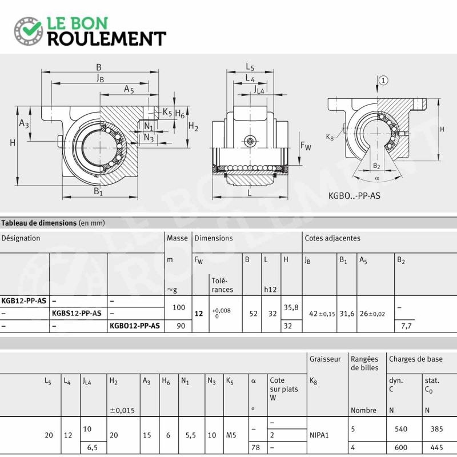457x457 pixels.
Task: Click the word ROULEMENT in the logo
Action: pyautogui.click(x=107, y=39)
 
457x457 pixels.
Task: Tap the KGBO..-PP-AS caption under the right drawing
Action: pyautogui.click(x=354, y=195)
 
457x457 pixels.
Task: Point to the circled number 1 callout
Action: pyautogui.click(x=383, y=80)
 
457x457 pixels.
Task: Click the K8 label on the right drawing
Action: pyautogui.click(x=330, y=137)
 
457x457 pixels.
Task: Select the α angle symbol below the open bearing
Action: pyautogui.click(x=377, y=178)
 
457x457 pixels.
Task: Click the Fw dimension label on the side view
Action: pyautogui.click(x=306, y=146)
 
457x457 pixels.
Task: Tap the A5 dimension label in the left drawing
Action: pyautogui.click(x=129, y=89)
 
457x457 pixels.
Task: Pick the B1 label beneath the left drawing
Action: pyautogui.click(x=98, y=191)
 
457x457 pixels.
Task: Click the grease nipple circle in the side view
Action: pyautogui.click(x=250, y=141)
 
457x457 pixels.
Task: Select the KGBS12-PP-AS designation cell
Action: pyautogui.click(x=77, y=313)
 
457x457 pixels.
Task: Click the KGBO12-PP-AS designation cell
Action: pyautogui.click(x=135, y=326)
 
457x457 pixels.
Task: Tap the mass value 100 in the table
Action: pyautogui.click(x=179, y=307)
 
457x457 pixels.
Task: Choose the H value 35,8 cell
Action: pyautogui.click(x=291, y=307)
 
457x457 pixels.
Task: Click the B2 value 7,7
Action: pyautogui.click(x=406, y=326)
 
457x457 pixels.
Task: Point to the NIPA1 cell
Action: pyautogui.click(x=319, y=435)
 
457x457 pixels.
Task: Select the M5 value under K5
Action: pyautogui.click(x=231, y=435)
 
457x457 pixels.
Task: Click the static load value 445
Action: pyautogui.click(x=436, y=447)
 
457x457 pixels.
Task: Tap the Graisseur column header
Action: pyautogui.click(x=325, y=359)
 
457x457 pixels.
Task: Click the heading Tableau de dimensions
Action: pyautogui.click(x=39, y=223)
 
